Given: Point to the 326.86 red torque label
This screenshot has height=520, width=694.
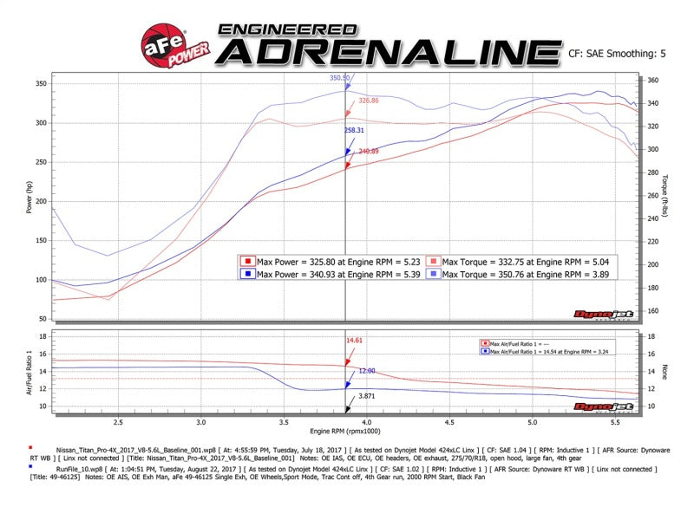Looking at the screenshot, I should click(369, 101).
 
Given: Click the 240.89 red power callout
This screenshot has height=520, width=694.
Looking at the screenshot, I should click(369, 152).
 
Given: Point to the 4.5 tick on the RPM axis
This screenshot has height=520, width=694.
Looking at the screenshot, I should click(449, 423).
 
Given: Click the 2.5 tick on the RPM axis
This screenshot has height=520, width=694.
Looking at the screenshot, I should click(118, 423).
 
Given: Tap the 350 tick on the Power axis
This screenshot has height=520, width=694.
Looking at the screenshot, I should click(41, 84).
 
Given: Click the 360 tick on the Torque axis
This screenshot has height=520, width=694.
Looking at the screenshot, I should click(653, 81).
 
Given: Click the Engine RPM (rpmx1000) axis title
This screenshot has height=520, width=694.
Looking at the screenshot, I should click(344, 430).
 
